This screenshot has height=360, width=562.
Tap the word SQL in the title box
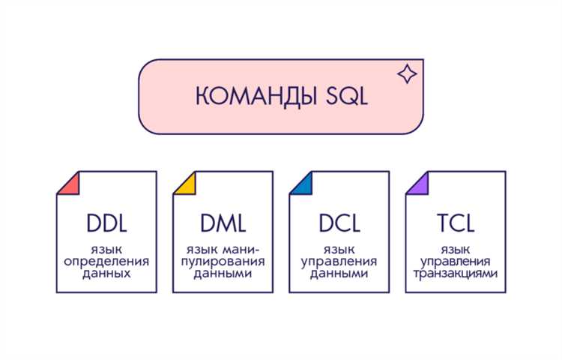(x=339, y=97)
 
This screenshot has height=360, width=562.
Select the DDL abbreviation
(x=106, y=224)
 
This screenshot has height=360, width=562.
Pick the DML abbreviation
(x=223, y=224)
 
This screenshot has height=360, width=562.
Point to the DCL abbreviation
(x=339, y=224)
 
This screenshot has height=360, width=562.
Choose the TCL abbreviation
(x=456, y=224)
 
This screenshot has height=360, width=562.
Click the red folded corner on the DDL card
(x=69, y=183)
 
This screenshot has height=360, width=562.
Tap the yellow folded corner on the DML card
(x=185, y=183)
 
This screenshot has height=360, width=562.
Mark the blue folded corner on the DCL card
(x=301, y=183)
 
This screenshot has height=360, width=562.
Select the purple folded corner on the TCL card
(x=417, y=183)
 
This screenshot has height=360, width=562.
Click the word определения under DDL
(x=106, y=261)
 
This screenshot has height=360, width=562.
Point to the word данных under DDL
(x=106, y=274)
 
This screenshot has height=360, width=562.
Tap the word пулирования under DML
(x=223, y=261)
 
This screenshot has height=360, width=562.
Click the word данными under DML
(x=223, y=274)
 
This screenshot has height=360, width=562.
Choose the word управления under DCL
(x=339, y=261)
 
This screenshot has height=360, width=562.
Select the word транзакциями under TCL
(x=456, y=274)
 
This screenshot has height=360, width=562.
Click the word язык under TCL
(x=456, y=248)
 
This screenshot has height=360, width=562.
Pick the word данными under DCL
(x=339, y=274)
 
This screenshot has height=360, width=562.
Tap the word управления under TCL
(x=456, y=261)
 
